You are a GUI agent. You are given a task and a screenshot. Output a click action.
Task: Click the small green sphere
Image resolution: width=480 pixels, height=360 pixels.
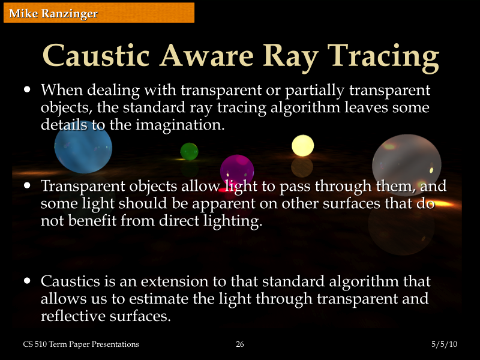coord(189,151)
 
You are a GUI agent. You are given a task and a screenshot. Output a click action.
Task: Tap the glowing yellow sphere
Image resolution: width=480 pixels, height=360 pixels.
coord(302,146)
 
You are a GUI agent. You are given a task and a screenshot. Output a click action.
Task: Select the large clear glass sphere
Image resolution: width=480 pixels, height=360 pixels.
coord(406,165)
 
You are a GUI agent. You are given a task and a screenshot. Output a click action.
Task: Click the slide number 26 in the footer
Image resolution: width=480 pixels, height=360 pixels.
coord(240,344)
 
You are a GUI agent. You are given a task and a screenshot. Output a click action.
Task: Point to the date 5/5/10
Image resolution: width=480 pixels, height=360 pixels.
coord(444,344)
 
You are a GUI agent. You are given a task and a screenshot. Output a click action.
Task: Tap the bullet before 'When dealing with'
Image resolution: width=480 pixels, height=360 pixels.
coord(27,90)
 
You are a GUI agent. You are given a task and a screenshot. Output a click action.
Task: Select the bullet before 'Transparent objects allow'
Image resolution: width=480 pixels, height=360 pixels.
coord(27,186)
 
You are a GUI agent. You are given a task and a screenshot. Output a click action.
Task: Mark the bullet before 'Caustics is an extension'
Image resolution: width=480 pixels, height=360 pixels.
coord(27,281)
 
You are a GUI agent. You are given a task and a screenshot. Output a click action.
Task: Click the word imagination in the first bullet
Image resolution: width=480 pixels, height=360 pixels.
coord(180,125)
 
